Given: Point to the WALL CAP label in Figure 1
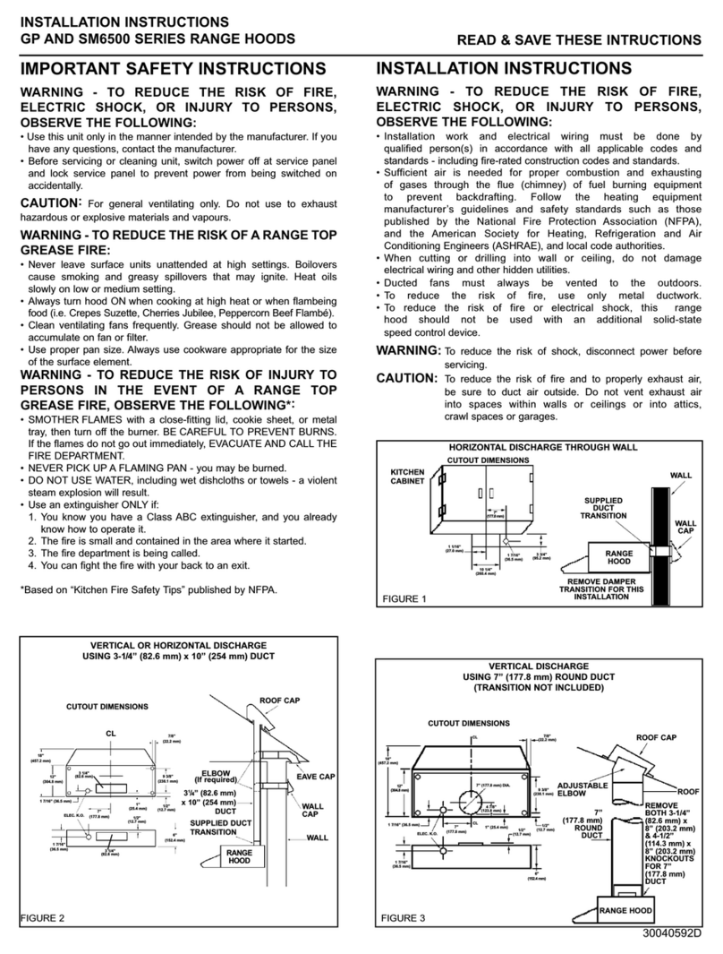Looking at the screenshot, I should [x=685, y=528].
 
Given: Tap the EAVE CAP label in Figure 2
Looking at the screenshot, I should [x=315, y=777].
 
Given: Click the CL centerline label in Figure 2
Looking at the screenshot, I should [x=111, y=733].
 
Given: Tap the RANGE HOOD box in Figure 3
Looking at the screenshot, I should [x=625, y=910].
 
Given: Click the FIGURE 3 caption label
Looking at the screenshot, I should [x=404, y=919].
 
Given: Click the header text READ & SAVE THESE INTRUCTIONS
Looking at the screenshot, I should [x=579, y=41].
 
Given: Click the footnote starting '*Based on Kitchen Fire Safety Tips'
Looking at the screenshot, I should [x=149, y=589].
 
